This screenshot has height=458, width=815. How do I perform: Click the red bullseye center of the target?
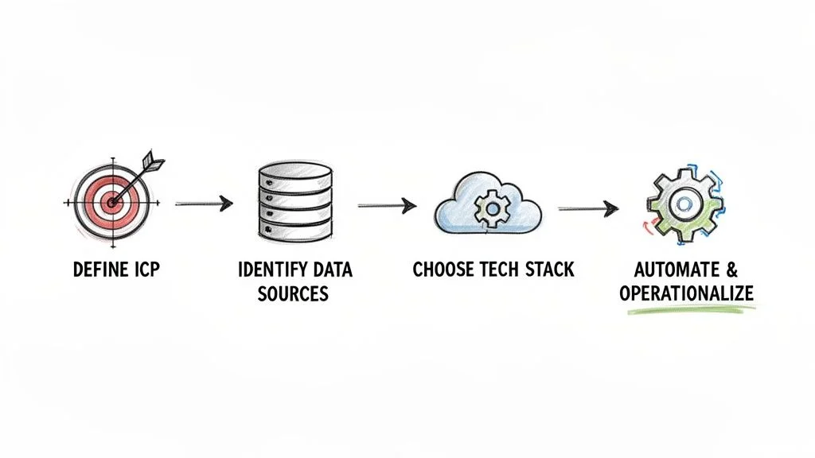[111, 201]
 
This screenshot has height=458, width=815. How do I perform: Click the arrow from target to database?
[203, 204]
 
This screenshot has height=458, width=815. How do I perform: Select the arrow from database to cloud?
[387, 206]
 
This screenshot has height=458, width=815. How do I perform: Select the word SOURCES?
[294, 293]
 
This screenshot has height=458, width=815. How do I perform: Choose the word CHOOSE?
[444, 270]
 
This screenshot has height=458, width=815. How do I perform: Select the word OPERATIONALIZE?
[686, 293]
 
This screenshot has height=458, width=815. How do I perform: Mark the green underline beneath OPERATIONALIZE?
[686, 310]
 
